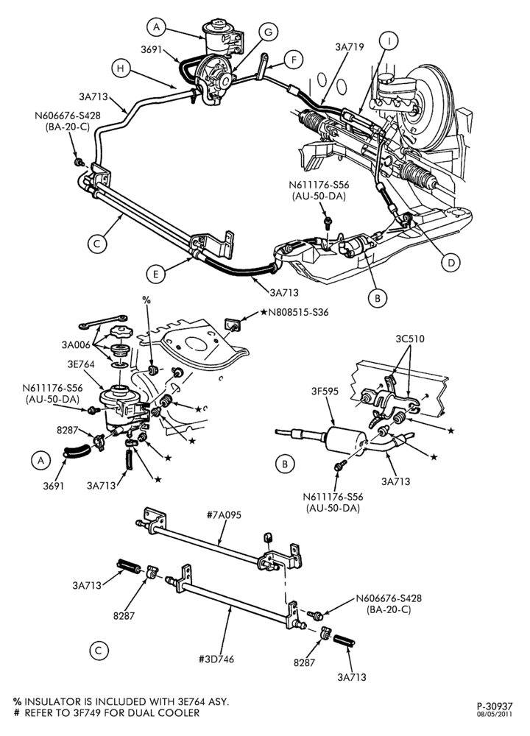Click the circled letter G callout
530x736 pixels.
tap(268, 32)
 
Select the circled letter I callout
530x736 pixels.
tap(389, 40)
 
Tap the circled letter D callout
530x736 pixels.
tap(451, 263)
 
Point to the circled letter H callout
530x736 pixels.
tap(121, 68)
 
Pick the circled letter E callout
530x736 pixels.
tap(156, 274)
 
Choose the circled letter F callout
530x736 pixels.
tap(294, 60)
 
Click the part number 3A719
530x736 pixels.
tap(349, 47)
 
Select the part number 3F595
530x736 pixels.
tap(325, 391)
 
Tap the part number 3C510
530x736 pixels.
tap(410, 339)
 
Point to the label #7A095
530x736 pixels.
tap(225, 515)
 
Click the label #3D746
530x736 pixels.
tap(216, 659)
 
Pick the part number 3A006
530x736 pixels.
tap(76, 345)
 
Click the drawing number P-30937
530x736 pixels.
tap(495, 706)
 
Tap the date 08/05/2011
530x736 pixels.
tap(495, 715)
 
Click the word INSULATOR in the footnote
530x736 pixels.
tap(52, 701)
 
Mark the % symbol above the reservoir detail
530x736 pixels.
tap(146, 299)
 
